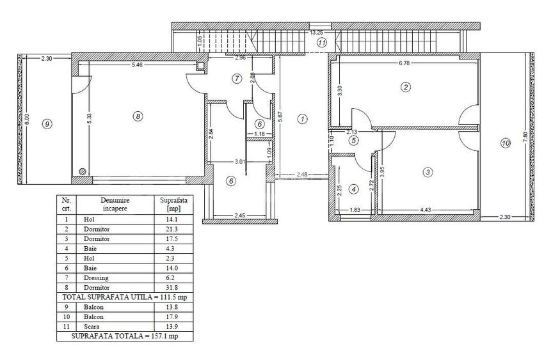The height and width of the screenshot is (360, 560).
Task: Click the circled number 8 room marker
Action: [138, 116]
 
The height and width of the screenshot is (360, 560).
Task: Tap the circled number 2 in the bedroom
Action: [405, 87]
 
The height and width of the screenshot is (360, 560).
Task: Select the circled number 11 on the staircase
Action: [322, 43]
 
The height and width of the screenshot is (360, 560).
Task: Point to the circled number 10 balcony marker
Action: [506, 143]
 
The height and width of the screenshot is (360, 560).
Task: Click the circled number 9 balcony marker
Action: [47, 124]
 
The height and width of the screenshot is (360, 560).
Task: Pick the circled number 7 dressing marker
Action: [237, 79]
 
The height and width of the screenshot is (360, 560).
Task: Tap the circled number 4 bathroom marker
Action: [353, 189]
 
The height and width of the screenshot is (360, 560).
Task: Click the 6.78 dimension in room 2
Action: [404, 63]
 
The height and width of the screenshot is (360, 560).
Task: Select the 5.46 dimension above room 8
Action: [137, 65]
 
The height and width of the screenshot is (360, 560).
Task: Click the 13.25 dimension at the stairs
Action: [315, 33]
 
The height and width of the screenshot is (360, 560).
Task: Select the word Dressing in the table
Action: [96, 278]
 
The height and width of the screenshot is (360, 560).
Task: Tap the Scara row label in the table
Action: [92, 327]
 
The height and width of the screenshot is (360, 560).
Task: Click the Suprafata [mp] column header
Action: [173, 204]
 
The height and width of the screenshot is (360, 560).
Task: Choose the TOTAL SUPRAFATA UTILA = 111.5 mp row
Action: [125, 297]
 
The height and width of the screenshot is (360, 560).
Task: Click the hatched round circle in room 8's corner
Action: [83, 171]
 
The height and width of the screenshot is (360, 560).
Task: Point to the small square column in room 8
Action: [201, 67]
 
